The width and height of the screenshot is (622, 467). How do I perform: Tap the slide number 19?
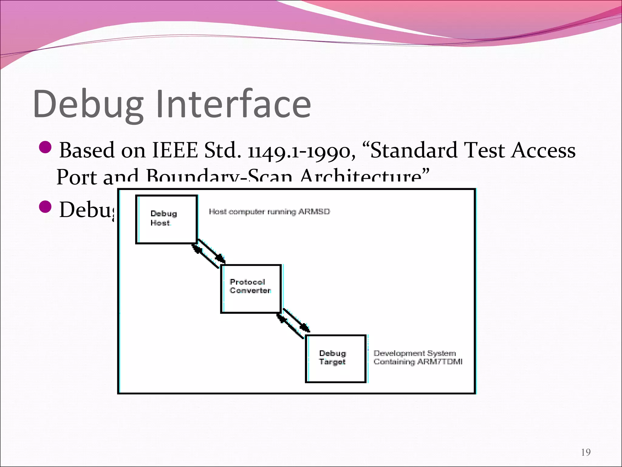(586, 452)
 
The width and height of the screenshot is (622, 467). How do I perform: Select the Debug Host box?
(166, 219)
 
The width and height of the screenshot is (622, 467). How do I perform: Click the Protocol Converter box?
(251, 289)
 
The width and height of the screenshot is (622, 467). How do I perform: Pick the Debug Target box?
(335, 358)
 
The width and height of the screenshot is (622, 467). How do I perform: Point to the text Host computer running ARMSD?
(269, 212)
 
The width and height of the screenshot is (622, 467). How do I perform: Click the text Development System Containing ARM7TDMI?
(418, 358)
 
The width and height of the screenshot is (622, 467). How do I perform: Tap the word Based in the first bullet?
(87, 150)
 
